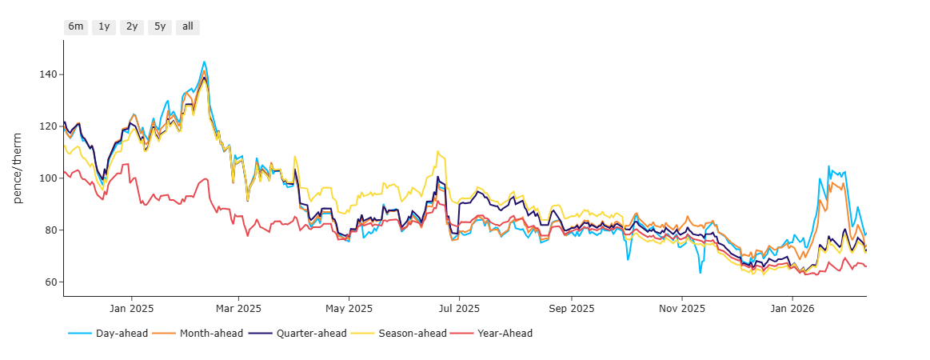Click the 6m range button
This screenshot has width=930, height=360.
coord(76,26)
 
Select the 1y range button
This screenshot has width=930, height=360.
coord(104,26)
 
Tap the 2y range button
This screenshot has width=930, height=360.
coord(132,26)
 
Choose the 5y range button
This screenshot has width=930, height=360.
coord(160,26)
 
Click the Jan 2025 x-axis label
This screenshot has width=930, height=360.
coord(132,308)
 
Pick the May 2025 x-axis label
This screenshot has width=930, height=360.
coord(349,308)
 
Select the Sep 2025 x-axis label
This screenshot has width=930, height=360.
coord(572,308)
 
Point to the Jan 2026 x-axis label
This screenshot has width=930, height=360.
coord(792,308)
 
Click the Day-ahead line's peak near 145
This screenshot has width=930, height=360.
coord(204,62)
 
